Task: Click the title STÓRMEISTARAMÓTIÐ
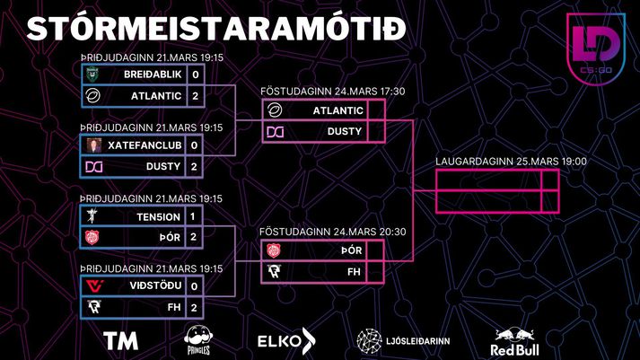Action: coord(216,29)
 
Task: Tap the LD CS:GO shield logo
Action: coord(596,48)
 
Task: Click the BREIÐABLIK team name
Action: coord(153,75)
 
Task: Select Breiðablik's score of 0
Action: coord(196,75)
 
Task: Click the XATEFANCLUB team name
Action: coord(145,145)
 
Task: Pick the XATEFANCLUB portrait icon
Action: coord(94,145)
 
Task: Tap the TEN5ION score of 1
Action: coord(193,216)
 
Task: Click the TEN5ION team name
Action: coord(158,216)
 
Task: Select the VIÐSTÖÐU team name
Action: coord(155,285)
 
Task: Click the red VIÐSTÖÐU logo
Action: coord(94,285)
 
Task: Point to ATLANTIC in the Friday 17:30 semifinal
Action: coord(338,110)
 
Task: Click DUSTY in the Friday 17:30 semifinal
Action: coord(345,131)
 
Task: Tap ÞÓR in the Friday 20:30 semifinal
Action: coord(352,250)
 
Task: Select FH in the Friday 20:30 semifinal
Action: coord(354,272)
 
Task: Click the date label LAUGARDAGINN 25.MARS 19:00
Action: coord(511,162)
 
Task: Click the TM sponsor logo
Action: coord(121,341)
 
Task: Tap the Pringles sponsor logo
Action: coord(198,339)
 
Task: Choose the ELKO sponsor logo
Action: coord(286,341)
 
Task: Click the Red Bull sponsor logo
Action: coord(514,342)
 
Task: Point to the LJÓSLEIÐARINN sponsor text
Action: coord(418,341)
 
